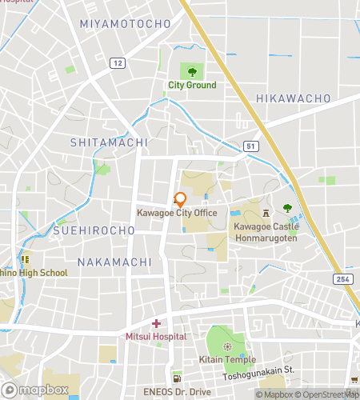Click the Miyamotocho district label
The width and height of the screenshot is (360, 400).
pos(125,24)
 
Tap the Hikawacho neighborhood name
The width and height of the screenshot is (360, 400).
pos(293,98)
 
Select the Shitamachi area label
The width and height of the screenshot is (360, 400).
pos(109,142)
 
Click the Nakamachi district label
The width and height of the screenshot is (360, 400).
pos(114,262)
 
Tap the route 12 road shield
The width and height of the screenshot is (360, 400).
pos(118,62)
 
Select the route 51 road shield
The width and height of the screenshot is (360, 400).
pos(250,146)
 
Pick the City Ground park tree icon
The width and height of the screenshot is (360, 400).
pos(192,73)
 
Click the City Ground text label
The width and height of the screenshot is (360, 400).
pos(192,86)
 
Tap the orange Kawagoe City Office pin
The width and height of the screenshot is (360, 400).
pos(181,200)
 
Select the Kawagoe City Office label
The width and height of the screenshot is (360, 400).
pos(188,213)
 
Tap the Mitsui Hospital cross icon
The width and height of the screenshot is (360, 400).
pos(156,324)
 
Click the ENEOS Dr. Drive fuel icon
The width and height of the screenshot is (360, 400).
pos(176,378)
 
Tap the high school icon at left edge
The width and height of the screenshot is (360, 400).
pos(24,259)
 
